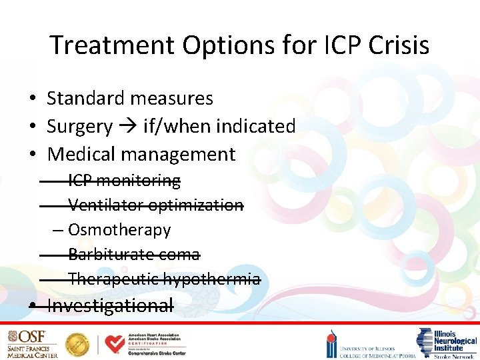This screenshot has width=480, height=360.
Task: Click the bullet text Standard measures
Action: tap(130, 99)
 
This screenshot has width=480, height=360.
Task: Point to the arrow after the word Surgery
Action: tap(127, 127)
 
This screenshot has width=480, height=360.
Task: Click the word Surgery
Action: tap(79, 127)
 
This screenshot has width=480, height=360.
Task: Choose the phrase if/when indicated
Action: tap(219, 127)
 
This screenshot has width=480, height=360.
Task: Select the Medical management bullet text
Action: tap(141, 155)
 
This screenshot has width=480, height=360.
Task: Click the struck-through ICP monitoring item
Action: tap(124, 181)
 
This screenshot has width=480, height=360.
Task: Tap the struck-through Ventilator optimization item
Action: tap(155, 205)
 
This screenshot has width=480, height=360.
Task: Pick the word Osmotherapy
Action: tap(119, 230)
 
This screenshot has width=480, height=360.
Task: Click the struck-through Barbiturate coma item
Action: tap(133, 255)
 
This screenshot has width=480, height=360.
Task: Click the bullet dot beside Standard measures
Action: tap(32, 99)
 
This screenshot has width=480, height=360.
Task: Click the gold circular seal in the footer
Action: tap(77, 344)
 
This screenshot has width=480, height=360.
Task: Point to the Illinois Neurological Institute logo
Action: tap(447, 343)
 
